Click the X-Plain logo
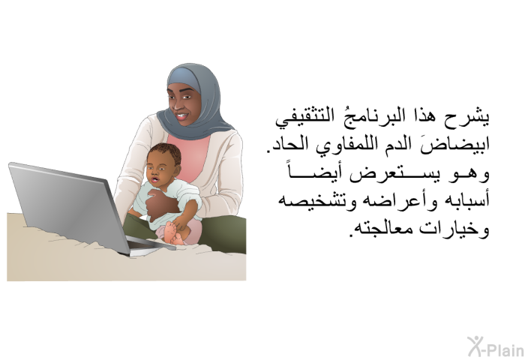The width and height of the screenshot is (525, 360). pyautogui.click(x=495, y=346)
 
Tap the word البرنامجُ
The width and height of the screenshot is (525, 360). pyautogui.click(x=363, y=116)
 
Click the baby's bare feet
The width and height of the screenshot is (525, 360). pyautogui.click(x=174, y=232)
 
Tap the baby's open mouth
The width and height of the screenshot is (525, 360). pyautogui.click(x=154, y=180)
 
